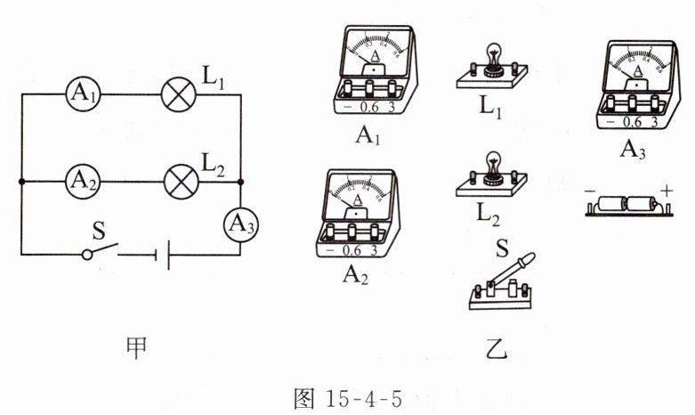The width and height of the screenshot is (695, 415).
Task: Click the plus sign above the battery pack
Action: point(667,188)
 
